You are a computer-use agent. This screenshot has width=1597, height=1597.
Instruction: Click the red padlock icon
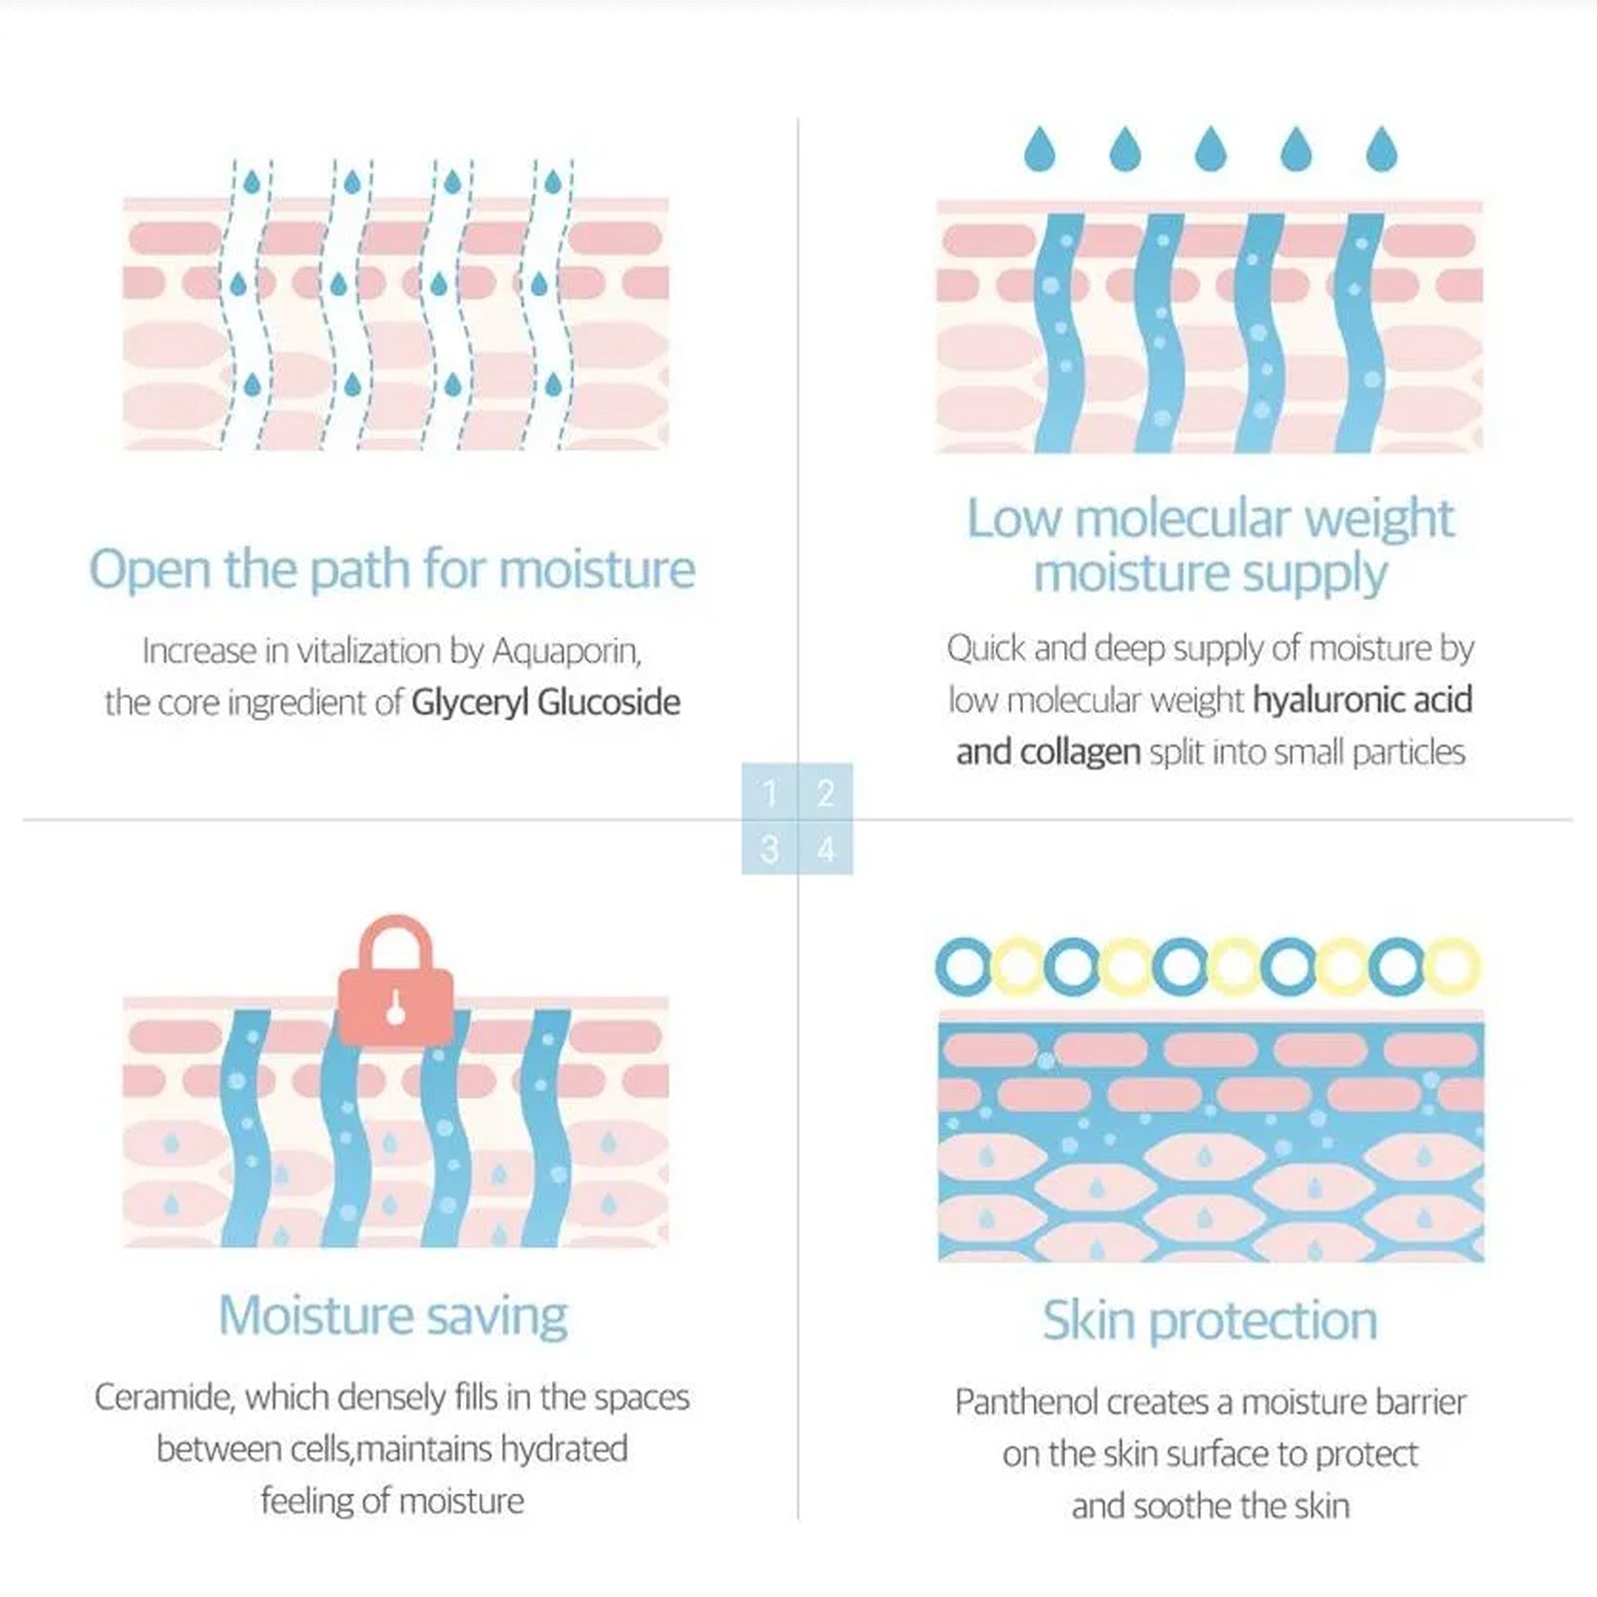pos(396,983)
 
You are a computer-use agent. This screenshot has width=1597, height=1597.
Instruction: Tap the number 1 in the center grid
pos(770,794)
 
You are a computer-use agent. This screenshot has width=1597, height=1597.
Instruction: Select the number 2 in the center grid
pos(825,794)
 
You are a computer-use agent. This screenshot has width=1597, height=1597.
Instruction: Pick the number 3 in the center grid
pos(770,849)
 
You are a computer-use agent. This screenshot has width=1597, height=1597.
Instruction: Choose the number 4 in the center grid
pos(825,849)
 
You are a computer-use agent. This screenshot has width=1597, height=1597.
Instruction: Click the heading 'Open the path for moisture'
pos(392,570)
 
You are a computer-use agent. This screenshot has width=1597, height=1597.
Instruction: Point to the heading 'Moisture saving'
pos(393,1316)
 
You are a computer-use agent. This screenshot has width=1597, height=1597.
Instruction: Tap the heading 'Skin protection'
pos(1210,1321)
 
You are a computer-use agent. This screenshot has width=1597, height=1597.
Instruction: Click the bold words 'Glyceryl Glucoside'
pos(546,703)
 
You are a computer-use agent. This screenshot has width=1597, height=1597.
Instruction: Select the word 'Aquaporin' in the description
pos(566,651)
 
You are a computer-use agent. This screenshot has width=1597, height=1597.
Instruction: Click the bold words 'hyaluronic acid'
pos(1362,700)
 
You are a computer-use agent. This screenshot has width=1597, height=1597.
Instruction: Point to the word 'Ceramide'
pos(165,1397)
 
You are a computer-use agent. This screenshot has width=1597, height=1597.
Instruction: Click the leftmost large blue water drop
pos(1040,150)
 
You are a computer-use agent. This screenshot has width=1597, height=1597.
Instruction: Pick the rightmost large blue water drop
pos(1381,150)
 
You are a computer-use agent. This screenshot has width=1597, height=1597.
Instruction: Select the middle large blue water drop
pos(1211,150)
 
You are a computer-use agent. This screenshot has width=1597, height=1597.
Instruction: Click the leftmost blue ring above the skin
pos(962,966)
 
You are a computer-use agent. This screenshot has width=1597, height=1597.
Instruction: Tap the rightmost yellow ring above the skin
pos(1450,966)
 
